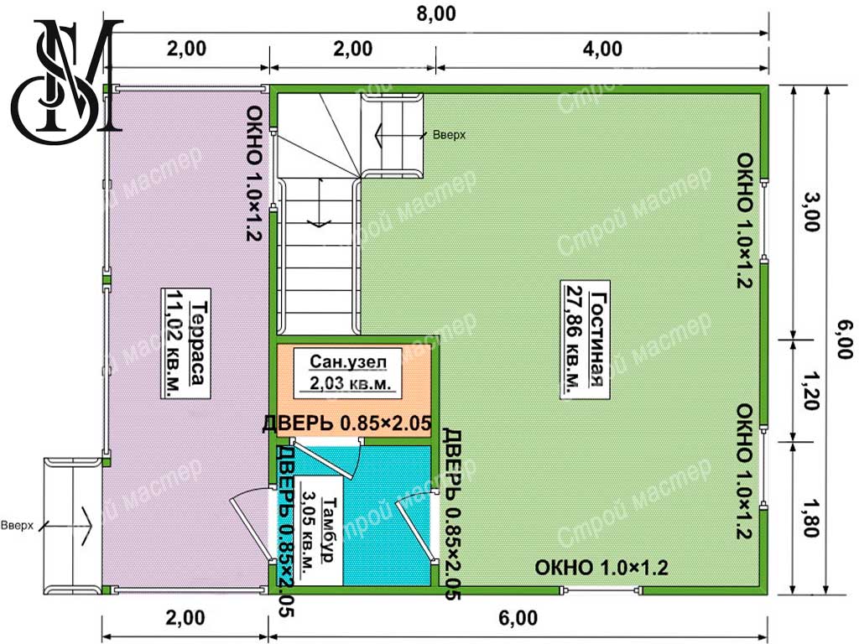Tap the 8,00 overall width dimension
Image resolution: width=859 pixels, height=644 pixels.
436,13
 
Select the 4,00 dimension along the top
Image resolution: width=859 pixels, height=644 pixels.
602,49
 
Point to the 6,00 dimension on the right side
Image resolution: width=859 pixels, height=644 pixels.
844,340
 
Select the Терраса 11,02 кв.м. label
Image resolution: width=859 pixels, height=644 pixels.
186,342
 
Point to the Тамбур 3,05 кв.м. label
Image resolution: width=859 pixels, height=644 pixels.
319,530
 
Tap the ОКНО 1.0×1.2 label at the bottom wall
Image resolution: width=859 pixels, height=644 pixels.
601,568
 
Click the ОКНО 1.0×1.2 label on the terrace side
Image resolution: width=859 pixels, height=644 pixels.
255,174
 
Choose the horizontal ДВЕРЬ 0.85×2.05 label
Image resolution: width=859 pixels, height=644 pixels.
346,423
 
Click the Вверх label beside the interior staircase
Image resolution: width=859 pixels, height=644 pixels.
449,134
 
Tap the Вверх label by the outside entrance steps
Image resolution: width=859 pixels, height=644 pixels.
17,526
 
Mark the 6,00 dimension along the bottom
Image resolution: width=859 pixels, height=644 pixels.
518,618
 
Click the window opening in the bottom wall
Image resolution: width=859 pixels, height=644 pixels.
601,590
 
